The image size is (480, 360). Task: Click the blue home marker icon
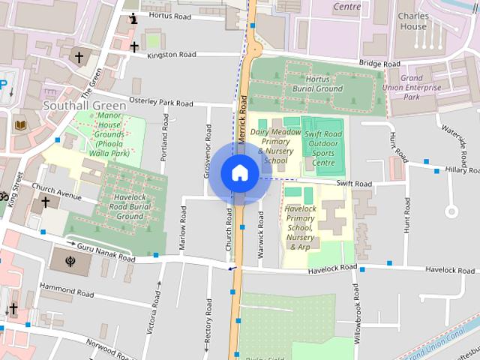pos(239,172)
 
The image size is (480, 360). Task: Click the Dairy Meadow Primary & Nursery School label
pos(275,145)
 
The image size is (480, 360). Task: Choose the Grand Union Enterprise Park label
pos(421,87)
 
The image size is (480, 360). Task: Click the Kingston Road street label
pos(172,55)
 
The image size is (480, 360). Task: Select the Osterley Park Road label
pos(161,102)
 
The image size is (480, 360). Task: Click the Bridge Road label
pos(379,64)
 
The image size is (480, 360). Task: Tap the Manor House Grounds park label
pos(109,134)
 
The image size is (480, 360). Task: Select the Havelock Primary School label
pos(300,227)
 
